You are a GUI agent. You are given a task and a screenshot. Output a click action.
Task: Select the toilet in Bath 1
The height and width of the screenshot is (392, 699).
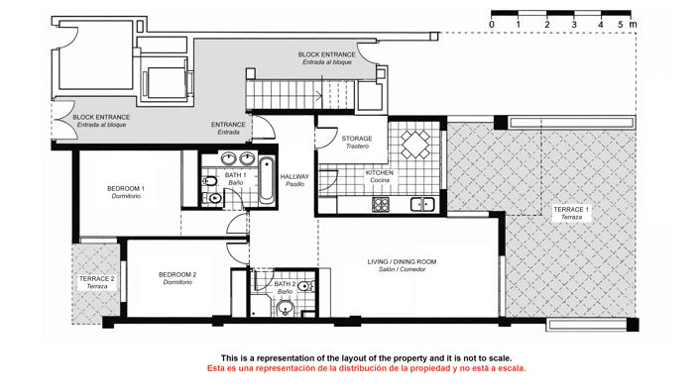click(211, 183)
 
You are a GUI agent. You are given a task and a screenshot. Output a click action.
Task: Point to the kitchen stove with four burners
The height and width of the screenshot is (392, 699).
click(381, 205)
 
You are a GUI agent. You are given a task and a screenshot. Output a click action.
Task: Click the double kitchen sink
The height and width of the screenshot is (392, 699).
click(422, 205)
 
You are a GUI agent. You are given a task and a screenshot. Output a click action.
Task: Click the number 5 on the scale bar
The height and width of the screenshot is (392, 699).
click(621, 22)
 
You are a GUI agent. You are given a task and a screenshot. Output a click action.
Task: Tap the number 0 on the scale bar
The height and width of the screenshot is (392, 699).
click(493, 22)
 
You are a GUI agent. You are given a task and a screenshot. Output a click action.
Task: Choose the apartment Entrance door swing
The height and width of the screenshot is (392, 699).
click(266, 129)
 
